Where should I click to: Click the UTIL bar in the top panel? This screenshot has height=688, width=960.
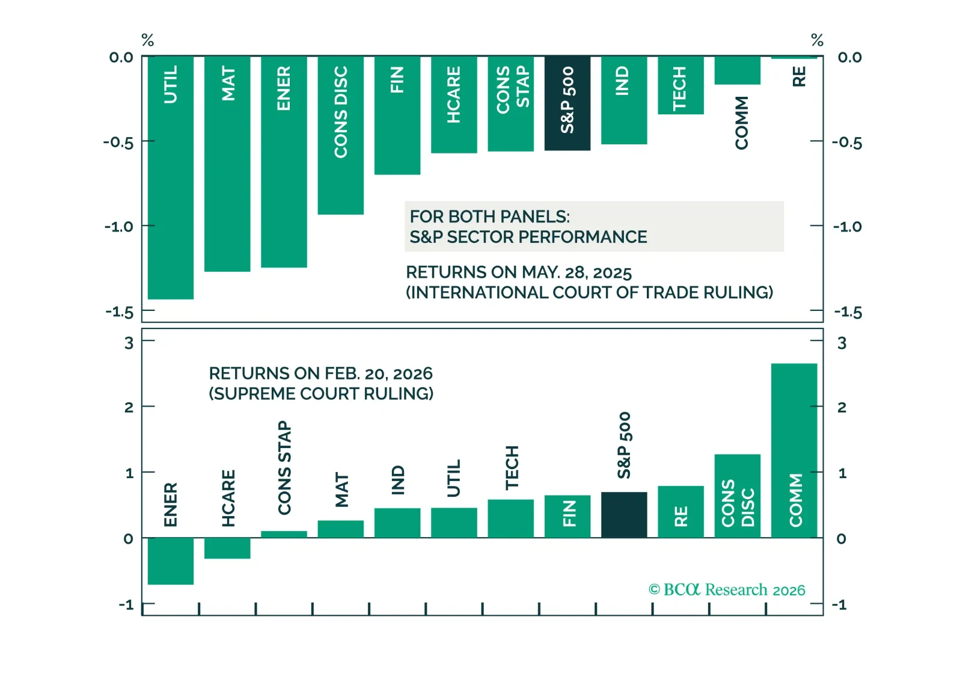click(x=171, y=177)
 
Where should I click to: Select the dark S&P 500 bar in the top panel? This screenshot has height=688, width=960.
click(x=567, y=103)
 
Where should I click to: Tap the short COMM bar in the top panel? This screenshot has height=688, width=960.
click(x=737, y=70)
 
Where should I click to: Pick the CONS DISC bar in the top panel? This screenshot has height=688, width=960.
click(x=341, y=135)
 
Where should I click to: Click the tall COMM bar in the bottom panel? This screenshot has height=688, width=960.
click(x=794, y=450)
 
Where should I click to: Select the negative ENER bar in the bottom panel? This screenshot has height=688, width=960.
click(x=171, y=561)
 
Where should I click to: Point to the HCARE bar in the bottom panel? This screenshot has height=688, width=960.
click(x=227, y=548)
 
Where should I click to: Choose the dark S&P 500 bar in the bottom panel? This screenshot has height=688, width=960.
click(x=624, y=515)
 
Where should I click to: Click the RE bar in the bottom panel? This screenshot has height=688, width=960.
click(x=680, y=512)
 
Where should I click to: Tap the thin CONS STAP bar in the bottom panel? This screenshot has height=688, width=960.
click(x=284, y=535)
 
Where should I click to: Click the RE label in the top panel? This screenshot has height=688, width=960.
click(x=799, y=77)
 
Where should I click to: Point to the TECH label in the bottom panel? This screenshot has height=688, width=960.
click(x=512, y=468)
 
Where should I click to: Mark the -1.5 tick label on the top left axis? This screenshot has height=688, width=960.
click(x=120, y=312)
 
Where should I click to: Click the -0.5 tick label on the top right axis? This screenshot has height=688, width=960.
click(x=847, y=143)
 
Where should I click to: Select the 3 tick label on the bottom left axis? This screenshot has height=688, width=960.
click(x=129, y=343)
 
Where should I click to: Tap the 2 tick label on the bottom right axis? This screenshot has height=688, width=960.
click(x=842, y=407)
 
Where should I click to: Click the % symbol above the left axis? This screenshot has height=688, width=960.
click(x=147, y=40)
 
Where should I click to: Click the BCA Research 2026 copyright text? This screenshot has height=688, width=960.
click(x=727, y=590)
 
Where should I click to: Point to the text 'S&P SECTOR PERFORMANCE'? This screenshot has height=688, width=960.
click(x=528, y=237)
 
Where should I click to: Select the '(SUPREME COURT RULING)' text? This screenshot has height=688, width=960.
click(x=321, y=393)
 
